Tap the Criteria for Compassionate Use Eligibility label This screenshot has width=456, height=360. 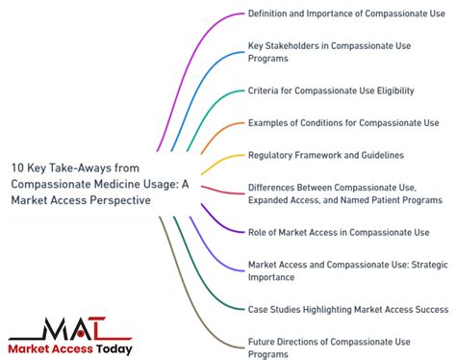331,90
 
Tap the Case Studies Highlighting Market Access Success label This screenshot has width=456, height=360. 347,308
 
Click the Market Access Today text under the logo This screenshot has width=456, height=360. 70,348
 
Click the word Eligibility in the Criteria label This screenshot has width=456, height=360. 393,90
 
